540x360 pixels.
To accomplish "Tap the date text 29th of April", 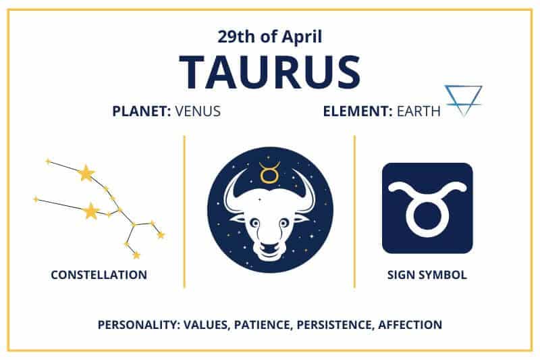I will click(270, 36).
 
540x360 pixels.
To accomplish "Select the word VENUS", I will click(197, 111).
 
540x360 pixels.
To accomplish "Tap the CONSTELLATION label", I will click(99, 275).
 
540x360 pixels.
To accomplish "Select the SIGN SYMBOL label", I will click(427, 275).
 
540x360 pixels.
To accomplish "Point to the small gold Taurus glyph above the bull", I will click(269, 173).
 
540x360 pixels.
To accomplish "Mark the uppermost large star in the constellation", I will click(86, 174).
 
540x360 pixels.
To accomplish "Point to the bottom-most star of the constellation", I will click(136, 255).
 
